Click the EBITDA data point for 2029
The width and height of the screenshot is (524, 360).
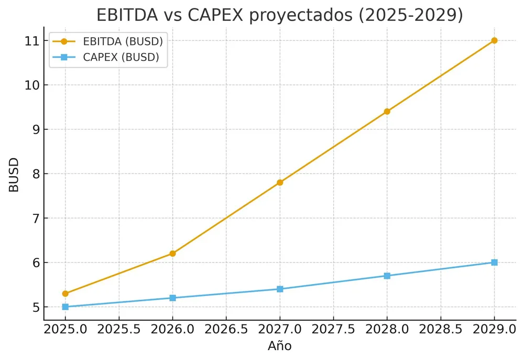(x=494, y=40)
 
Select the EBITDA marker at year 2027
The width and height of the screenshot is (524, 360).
(x=280, y=182)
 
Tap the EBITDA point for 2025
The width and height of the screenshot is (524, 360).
(x=65, y=293)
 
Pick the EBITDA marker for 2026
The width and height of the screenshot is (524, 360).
(x=172, y=254)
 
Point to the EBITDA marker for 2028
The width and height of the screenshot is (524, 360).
(x=387, y=111)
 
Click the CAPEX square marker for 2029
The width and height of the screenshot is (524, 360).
(x=494, y=263)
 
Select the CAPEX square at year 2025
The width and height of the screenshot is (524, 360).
(x=65, y=307)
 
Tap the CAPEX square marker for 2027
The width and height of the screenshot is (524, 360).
(x=280, y=289)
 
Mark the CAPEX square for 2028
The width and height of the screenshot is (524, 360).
(x=387, y=276)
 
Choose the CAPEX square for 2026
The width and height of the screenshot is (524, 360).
(x=172, y=298)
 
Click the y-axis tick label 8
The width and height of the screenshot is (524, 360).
(x=35, y=174)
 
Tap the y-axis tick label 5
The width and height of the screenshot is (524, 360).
(x=35, y=307)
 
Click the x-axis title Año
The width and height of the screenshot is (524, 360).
(x=279, y=346)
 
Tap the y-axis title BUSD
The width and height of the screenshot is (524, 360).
(x=14, y=174)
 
